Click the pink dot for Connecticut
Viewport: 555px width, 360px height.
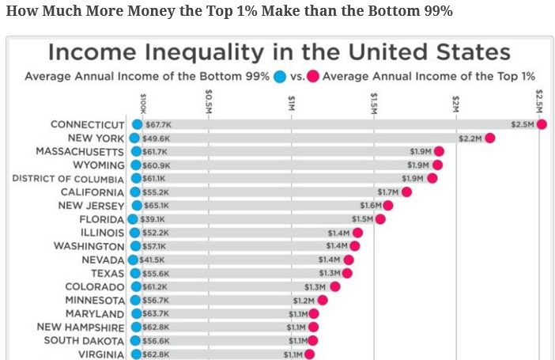click(542, 124)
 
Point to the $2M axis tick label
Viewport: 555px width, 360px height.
click(456, 102)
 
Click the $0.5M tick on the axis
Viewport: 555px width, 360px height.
click(209, 100)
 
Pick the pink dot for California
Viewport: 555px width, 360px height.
click(406, 192)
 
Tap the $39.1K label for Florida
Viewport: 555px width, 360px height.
click(152, 219)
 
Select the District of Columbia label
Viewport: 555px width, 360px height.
click(68, 179)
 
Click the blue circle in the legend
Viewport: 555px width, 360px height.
click(279, 77)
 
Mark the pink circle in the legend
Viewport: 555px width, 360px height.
click(312, 77)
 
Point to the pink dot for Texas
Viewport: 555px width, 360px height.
click(347, 273)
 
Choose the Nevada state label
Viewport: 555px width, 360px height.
click(103, 260)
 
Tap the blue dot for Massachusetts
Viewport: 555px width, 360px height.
click(136, 151)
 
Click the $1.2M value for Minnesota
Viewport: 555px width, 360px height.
click(304, 301)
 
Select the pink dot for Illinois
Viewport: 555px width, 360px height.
click(357, 233)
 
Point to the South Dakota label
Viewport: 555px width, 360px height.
click(85, 341)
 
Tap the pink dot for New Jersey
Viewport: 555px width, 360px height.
click(389, 206)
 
